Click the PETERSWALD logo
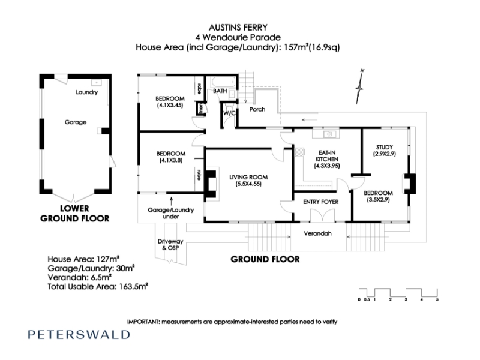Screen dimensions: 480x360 pyautogui.click(x=79, y=334)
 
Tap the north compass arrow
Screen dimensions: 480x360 pyautogui.click(x=359, y=87)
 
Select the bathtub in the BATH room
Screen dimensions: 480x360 pyautogui.click(x=223, y=82)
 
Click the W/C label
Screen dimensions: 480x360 pyautogui.click(x=229, y=113)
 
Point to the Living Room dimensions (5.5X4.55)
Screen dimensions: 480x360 pyautogui.click(x=248, y=184)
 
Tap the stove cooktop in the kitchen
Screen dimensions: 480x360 pyautogui.click(x=299, y=152)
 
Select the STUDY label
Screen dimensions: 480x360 pyautogui.click(x=385, y=147)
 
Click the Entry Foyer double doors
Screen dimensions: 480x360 pyautogui.click(x=323, y=215)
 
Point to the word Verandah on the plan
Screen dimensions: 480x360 pyautogui.click(x=317, y=233)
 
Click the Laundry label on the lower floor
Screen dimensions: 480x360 pyautogui.click(x=86, y=92)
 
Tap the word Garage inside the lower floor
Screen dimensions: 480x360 pyautogui.click(x=76, y=122)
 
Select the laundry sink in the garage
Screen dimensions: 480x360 pyautogui.click(x=97, y=83)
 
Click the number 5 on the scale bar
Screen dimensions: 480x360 pyautogui.click(x=437, y=299)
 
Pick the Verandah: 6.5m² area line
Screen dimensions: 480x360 pyautogui.click(x=79, y=277)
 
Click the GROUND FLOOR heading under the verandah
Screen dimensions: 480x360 pyautogui.click(x=265, y=259)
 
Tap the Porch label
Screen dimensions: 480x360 pyautogui.click(x=257, y=109)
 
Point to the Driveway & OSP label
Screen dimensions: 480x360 pyautogui.click(x=170, y=245)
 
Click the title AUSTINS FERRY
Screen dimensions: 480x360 pyautogui.click(x=238, y=28)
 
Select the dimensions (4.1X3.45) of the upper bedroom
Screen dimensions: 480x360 pyautogui.click(x=170, y=106)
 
